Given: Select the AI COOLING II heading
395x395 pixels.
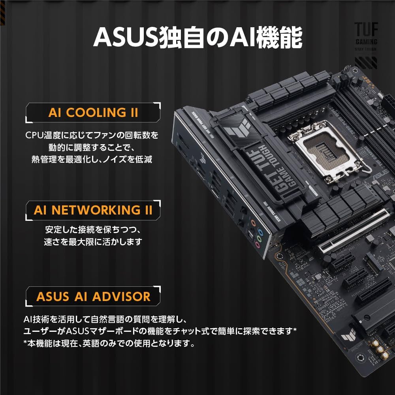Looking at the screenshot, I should pos(93,112).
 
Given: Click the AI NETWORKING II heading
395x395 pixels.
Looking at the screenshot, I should pos(93,210).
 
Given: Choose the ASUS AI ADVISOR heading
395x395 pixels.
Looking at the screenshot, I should pos(93,296).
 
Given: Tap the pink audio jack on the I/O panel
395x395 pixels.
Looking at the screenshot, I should pos(257,245).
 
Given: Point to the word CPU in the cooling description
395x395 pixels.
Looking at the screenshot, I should pos(35,135).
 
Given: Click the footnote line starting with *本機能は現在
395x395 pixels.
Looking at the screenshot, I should pos(109,343).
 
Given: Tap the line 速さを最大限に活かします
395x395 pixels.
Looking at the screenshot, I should pos(93,242).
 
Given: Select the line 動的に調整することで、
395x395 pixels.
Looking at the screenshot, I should pos(93,147).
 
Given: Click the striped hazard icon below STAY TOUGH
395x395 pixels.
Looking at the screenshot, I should pos(366,63).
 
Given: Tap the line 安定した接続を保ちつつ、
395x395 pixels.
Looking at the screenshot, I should pos(93,229).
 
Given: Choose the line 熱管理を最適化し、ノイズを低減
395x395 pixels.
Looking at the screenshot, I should pos(93,160).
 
